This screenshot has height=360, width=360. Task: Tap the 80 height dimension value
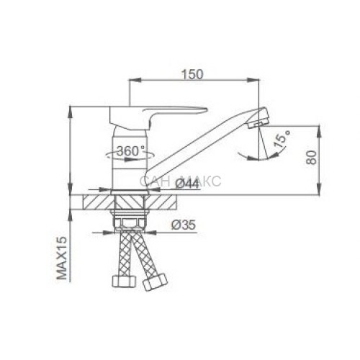[x=311, y=158]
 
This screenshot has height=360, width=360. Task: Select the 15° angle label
[x=282, y=139]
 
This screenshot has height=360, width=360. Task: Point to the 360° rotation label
[x=131, y=151]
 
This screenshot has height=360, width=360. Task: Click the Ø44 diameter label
[x=187, y=184]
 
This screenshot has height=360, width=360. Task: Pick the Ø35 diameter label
[x=184, y=225]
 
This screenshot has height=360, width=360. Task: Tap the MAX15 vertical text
[x=61, y=258]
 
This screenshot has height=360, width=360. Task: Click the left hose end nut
[x=124, y=281]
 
